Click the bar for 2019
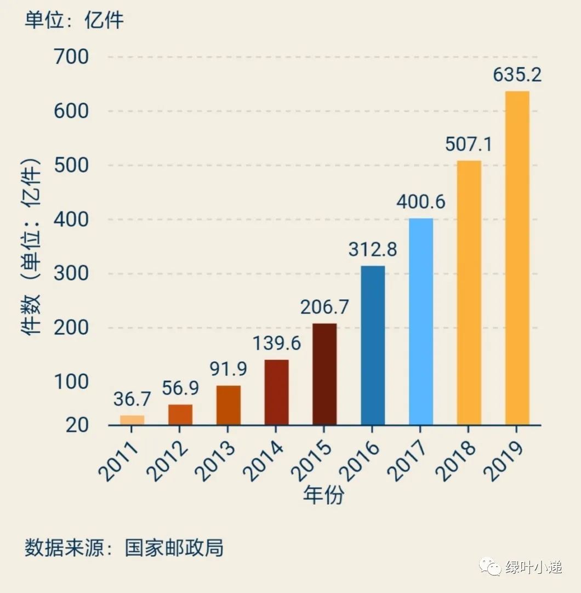click(517, 258)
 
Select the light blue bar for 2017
click(420, 322)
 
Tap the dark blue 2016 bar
click(373, 345)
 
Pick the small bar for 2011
click(132, 420)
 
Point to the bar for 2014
click(276, 392)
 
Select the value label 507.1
click(469, 144)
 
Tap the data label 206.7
click(324, 307)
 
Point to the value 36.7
click(132, 399)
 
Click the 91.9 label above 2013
click(229, 369)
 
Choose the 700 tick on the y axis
click(71, 56)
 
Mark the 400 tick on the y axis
click(71, 219)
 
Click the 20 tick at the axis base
click(77, 425)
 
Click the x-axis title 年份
click(323, 495)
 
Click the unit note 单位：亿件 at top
click(74, 20)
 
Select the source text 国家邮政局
click(174, 548)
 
